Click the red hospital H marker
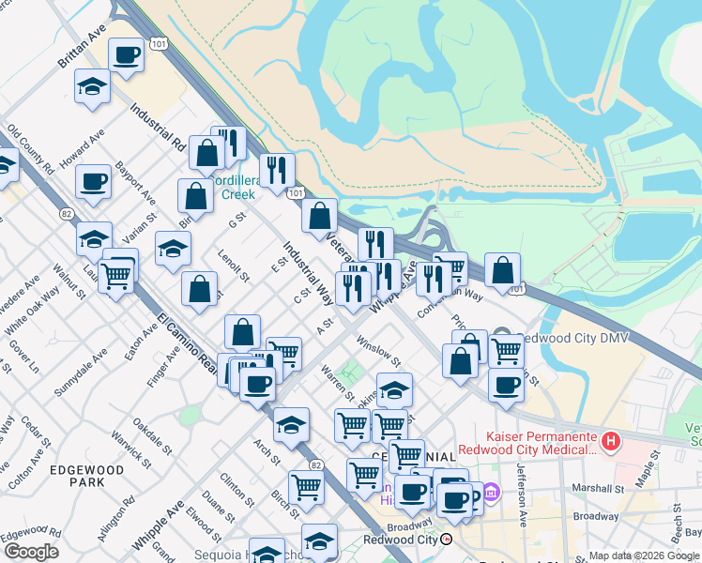[611, 439]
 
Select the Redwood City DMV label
[567, 337]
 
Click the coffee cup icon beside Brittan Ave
[126, 53]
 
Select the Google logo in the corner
[30, 552]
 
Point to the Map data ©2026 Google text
[643, 555]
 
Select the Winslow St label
[378, 355]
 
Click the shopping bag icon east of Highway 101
[503, 271]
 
